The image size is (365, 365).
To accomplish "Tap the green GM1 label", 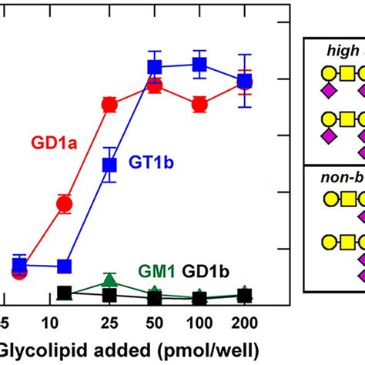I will (x=157, y=272).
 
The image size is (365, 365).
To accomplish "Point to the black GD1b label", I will (x=205, y=272).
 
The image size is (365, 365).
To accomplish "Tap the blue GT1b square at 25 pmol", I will (x=110, y=164).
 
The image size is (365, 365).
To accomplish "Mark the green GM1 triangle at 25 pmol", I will (x=109, y=280).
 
